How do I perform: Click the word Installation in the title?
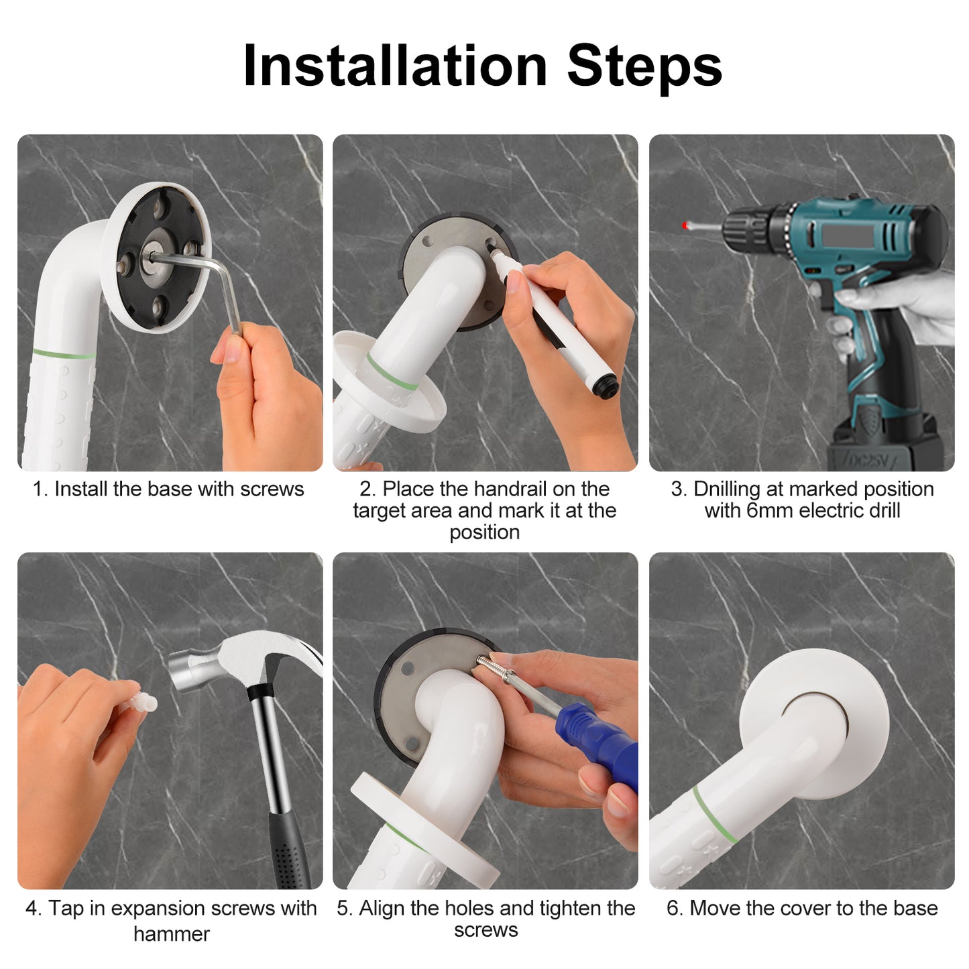pyautogui.click(x=395, y=66)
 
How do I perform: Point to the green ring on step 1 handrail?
pyautogui.click(x=64, y=353)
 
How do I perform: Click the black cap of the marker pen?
pyautogui.click(x=608, y=387)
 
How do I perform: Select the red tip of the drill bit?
pyautogui.click(x=685, y=226)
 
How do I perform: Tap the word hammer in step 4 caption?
pyautogui.click(x=171, y=933)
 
